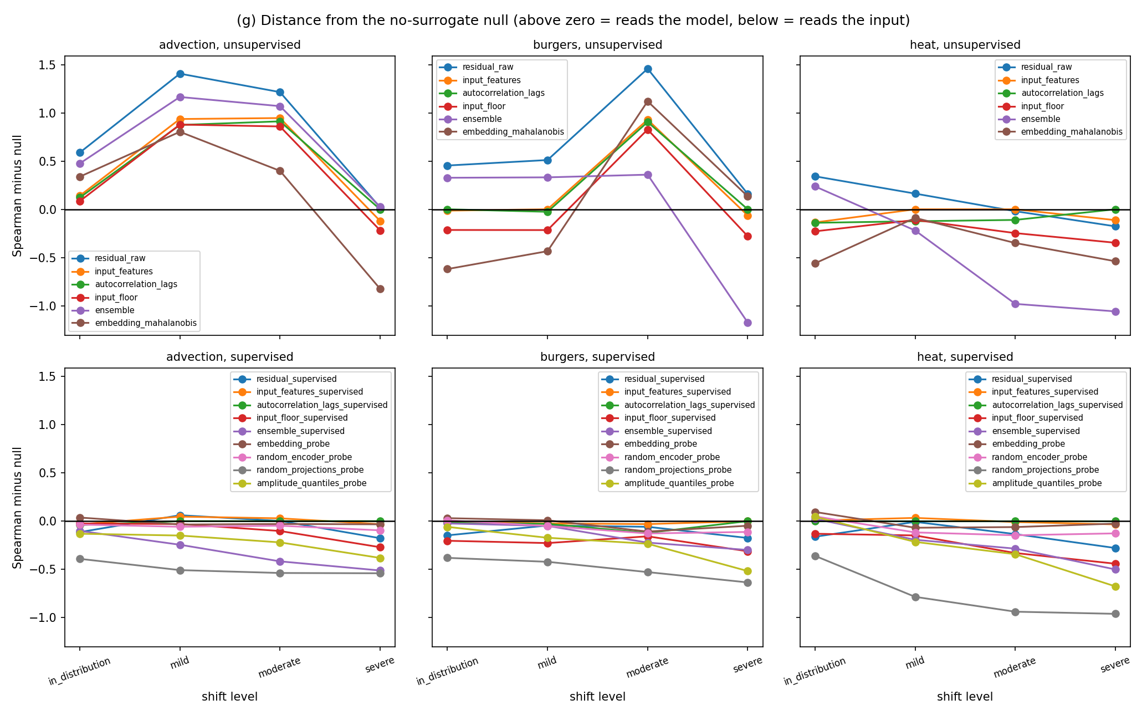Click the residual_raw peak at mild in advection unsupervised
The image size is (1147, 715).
pos(180,74)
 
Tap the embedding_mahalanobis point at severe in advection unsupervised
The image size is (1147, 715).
pos(380,289)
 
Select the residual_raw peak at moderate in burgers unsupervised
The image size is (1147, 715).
pos(648,69)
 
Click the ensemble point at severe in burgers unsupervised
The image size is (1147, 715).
pos(747,323)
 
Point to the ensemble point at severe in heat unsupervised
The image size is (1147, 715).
pos(1115,311)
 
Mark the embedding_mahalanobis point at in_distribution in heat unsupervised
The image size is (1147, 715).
pos(815,263)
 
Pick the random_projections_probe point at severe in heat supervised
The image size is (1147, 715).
pos(1115,614)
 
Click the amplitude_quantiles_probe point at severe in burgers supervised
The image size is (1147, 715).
pos(747,571)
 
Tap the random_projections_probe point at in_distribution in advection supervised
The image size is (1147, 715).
pos(80,559)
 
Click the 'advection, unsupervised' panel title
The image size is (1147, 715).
pos(230,45)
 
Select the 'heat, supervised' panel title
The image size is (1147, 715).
pos(965,357)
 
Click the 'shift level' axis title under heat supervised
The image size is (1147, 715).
pos(965,697)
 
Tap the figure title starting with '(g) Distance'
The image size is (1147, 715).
pos(573,21)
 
